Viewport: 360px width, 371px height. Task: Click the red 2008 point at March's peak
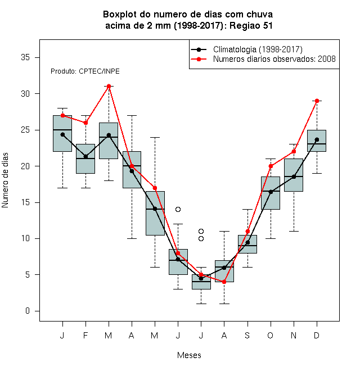pyautogui.click(x=109, y=86)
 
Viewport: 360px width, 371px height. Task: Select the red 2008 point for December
pyautogui.click(x=317, y=101)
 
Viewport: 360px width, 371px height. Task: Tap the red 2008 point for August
pyautogui.click(x=224, y=282)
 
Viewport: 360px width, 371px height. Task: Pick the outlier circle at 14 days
pyautogui.click(x=178, y=210)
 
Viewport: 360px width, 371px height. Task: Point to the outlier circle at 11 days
pyautogui.click(x=201, y=231)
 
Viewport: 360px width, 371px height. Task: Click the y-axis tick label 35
pyautogui.click(x=25, y=57)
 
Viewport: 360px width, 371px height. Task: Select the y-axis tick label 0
pyautogui.click(x=28, y=311)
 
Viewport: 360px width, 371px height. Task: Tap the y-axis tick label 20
pyautogui.click(x=25, y=166)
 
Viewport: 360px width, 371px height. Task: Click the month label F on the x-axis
pyautogui.click(x=85, y=335)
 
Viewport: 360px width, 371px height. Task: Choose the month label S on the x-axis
pyautogui.click(x=247, y=335)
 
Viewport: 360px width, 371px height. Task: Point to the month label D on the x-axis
pyautogui.click(x=317, y=335)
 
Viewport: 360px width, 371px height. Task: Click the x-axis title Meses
pyautogui.click(x=189, y=355)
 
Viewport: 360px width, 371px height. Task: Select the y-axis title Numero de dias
pyautogui.click(x=5, y=180)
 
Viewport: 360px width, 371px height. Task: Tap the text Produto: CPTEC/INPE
pyautogui.click(x=85, y=71)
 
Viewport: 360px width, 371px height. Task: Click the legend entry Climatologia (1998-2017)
pyautogui.click(x=258, y=49)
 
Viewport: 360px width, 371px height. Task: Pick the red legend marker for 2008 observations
pyautogui.click(x=199, y=59)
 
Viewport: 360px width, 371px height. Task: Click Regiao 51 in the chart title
pyautogui.click(x=251, y=25)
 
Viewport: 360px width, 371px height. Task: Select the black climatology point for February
pyautogui.click(x=85, y=157)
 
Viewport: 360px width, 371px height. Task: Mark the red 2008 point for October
pyautogui.click(x=271, y=166)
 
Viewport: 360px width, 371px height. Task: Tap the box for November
pyautogui.click(x=294, y=175)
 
